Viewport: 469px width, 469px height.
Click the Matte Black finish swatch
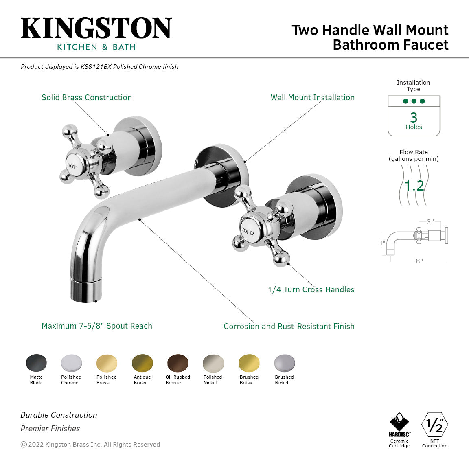click(x=36, y=363)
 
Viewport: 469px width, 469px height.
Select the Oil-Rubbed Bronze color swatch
click(x=178, y=363)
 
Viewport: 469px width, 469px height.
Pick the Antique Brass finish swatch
click(x=142, y=363)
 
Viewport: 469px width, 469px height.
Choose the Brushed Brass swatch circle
click(x=249, y=363)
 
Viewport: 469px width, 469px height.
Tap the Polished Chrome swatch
click(x=72, y=363)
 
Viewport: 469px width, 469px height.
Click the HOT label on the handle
click(x=72, y=166)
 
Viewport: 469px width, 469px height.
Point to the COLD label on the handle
click(x=248, y=231)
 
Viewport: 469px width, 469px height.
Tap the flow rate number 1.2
click(x=414, y=186)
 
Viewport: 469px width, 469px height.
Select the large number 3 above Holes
click(x=414, y=117)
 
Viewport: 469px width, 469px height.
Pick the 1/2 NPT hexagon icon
click(x=434, y=425)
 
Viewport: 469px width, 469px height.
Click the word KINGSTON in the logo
click(x=96, y=28)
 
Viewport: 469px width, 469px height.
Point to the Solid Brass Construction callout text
click(x=87, y=97)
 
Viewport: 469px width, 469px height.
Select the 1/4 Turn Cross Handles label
click(x=311, y=289)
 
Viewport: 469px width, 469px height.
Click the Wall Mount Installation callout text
click(x=312, y=97)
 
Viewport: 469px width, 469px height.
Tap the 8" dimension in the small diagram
click(x=419, y=261)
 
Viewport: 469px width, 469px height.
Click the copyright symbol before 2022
click(x=24, y=445)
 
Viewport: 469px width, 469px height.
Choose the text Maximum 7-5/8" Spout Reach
click(x=97, y=326)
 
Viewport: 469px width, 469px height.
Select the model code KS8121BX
click(x=96, y=67)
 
